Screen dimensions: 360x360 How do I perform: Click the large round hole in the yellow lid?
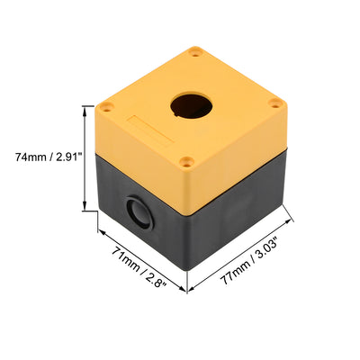pos(192,106)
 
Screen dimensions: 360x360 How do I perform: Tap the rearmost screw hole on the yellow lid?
pos(196,54)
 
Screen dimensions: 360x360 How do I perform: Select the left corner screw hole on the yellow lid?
pos(107,107)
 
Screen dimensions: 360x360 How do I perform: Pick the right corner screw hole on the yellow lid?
pos(274,103)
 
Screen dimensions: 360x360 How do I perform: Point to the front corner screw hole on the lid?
pos(186,162)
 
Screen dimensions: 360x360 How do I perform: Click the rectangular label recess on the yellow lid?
pos(150,130)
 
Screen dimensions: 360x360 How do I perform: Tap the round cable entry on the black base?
pos(139,212)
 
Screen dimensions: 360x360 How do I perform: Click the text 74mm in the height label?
pos(30,157)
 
